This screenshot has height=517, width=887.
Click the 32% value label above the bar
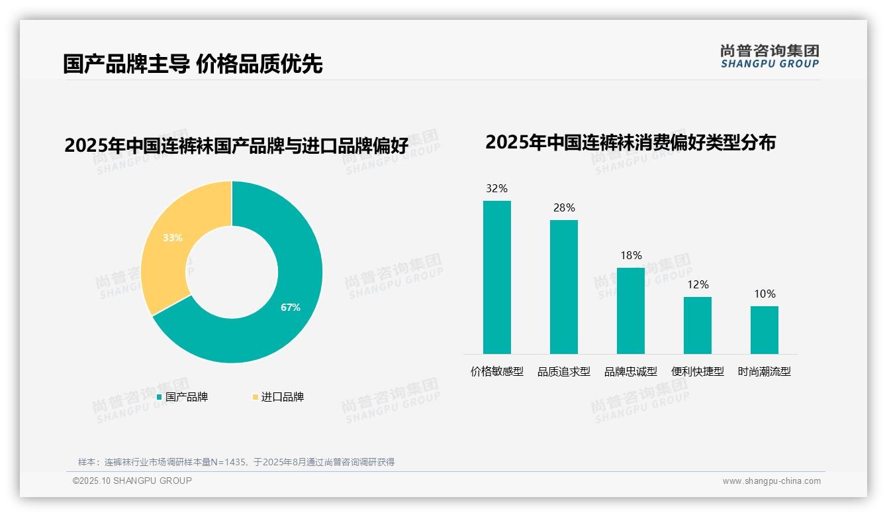point(496,189)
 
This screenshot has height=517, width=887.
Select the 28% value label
point(564,208)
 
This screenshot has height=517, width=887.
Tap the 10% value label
point(765,294)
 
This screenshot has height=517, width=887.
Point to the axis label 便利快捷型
point(698,372)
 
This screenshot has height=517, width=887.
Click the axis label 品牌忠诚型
point(631,372)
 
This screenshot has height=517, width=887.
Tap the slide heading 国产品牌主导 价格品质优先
point(193,64)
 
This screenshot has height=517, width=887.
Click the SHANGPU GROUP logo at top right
point(769,56)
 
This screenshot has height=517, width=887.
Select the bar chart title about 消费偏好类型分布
point(630,143)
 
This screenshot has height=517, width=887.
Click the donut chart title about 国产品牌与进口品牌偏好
point(236,146)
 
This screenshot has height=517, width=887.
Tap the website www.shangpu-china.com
point(771,481)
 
